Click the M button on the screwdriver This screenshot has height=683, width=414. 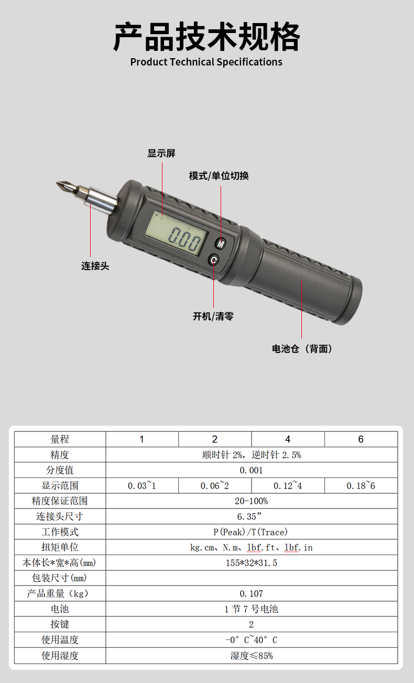tap(221, 243)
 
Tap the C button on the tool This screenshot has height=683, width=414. tap(214, 260)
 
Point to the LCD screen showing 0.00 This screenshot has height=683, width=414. tap(176, 233)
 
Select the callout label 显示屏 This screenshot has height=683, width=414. tap(161, 153)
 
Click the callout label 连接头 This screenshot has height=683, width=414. tap(95, 266)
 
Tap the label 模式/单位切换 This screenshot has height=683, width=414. tap(219, 176)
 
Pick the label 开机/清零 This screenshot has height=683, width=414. tap(213, 316)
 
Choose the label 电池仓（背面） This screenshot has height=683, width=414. tap(302, 349)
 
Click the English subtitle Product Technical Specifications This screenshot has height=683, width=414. tap(206, 62)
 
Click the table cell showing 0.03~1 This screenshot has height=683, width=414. tap(142, 485)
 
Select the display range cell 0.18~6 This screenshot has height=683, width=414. tap(361, 485)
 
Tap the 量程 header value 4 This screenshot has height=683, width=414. tap(288, 439)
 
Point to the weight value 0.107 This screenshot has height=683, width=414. tap(251, 593)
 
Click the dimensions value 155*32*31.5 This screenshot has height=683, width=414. tap(252, 562)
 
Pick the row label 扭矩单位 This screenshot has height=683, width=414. tap(60, 547)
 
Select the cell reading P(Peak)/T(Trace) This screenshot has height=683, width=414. tap(250, 532)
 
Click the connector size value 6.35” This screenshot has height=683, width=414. tap(249, 516)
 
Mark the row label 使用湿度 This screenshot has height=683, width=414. tap(60, 655)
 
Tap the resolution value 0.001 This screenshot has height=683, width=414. tap(251, 470)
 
